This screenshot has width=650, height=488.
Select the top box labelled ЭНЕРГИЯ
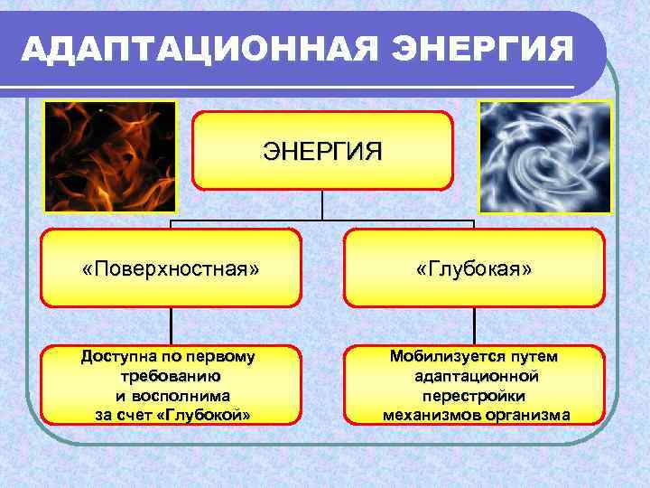pos(322,150)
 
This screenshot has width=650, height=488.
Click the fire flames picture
pos(110,155)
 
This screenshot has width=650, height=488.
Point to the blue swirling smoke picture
pos(544,155)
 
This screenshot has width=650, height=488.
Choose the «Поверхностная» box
pos(171,268)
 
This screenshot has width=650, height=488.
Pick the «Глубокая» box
pos(474,268)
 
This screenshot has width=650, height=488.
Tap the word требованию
pos(171,376)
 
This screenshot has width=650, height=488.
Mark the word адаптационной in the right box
pos(476,376)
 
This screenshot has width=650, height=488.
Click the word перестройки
pos(474,396)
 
